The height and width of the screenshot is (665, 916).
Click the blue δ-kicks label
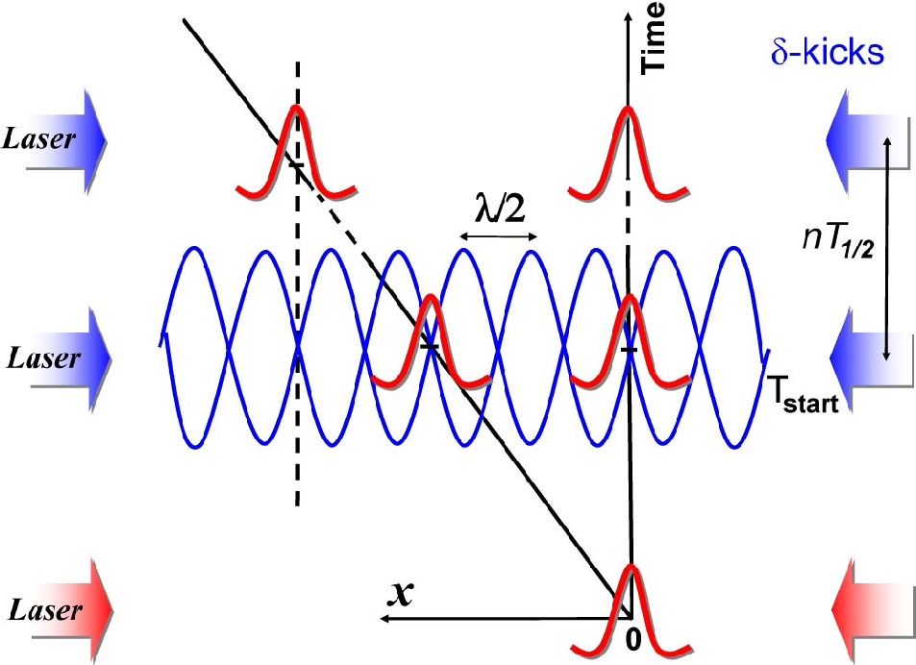[x=828, y=53]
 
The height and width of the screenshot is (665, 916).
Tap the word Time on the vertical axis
[x=653, y=38]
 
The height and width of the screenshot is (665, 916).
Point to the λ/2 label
[x=500, y=209]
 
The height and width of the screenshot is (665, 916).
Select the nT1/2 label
[x=838, y=242]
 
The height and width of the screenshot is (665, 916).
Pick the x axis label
[x=401, y=593]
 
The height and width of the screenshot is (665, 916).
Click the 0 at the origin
[x=633, y=639]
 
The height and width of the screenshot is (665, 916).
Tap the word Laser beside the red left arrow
[x=44, y=610]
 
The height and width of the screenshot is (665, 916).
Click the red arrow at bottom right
[x=873, y=610]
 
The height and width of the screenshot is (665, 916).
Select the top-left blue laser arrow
[x=65, y=140]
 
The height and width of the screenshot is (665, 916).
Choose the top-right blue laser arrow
[x=868, y=140]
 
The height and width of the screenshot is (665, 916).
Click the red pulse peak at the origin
[x=631, y=565]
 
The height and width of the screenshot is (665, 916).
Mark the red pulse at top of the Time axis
[x=628, y=153]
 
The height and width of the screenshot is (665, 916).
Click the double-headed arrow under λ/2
[x=498, y=236]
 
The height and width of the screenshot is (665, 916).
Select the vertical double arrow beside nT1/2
[x=887, y=249]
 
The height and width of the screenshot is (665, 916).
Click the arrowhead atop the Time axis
[x=628, y=17]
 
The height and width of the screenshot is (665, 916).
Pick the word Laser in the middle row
[x=43, y=357]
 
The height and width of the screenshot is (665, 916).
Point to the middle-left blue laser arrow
[x=70, y=359]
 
